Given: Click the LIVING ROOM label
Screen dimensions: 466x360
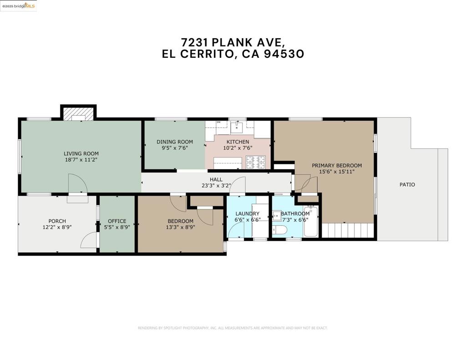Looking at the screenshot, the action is pyautogui.click(x=81, y=153).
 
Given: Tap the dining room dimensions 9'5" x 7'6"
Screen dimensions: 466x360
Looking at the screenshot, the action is pyautogui.click(x=175, y=148).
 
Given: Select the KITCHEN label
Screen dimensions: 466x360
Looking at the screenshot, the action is pyautogui.click(x=238, y=142).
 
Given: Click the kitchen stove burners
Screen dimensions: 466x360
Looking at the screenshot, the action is pyautogui.click(x=255, y=162).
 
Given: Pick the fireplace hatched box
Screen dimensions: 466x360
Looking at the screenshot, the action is pyautogui.click(x=79, y=114).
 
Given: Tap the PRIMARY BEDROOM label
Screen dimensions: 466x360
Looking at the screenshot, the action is pyautogui.click(x=337, y=165).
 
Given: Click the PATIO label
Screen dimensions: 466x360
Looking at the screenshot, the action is pyautogui.click(x=407, y=185).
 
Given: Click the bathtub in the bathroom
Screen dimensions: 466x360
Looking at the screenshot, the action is pyautogui.click(x=310, y=222).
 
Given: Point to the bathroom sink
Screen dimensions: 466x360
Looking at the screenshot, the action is pyautogui.click(x=277, y=216).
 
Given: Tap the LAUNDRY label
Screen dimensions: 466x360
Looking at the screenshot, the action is pyautogui.click(x=247, y=213).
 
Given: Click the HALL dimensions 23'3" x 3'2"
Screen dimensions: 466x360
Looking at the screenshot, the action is pyautogui.click(x=216, y=186).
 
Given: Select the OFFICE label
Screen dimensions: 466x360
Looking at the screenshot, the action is pyautogui.click(x=117, y=221).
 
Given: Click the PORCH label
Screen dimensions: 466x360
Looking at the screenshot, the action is pyautogui.click(x=57, y=221).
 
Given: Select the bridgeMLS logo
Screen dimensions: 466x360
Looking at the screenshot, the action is pyautogui.click(x=18, y=6).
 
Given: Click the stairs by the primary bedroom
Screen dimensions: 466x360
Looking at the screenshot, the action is pyautogui.click(x=348, y=230).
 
